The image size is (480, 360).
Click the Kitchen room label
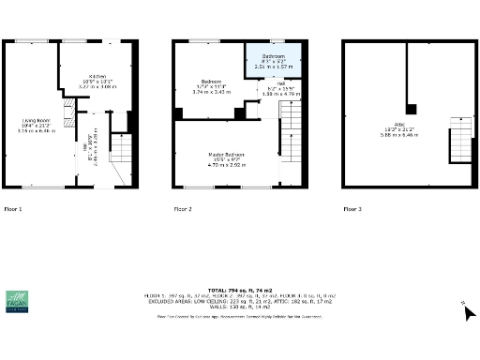click(97, 76)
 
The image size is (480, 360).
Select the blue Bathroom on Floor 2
click(274, 61)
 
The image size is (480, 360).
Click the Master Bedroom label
click(227, 154)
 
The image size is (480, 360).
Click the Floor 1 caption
click(13, 208)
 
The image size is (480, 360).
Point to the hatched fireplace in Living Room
click(67, 116)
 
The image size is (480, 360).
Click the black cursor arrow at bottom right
click(469, 312)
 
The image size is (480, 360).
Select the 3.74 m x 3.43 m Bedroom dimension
click(205, 92)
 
